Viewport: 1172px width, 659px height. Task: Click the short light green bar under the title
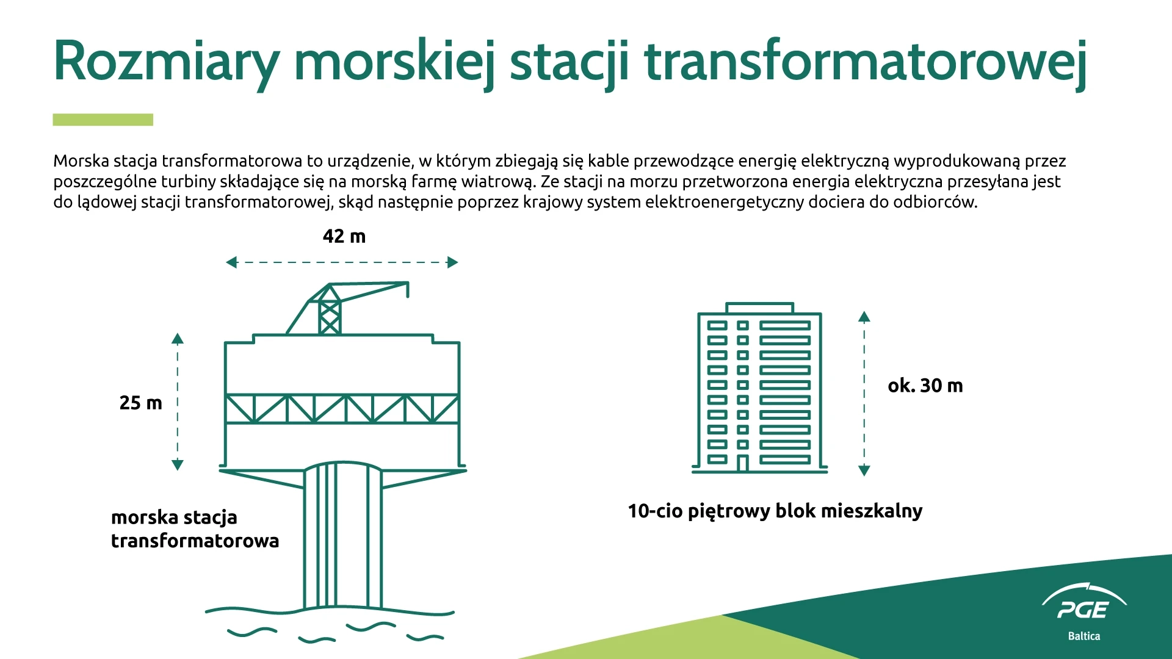point(103,120)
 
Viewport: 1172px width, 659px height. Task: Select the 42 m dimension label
point(344,236)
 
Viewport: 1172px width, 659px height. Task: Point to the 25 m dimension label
point(140,403)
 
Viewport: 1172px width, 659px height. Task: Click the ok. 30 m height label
point(925,386)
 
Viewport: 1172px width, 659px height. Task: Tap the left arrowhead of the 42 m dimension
point(231,262)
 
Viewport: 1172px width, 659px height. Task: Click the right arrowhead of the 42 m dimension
point(452,262)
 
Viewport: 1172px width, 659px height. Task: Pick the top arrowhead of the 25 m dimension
point(178,339)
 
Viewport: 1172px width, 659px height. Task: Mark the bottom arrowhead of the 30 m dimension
point(864,470)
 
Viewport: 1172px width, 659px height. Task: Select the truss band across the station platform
point(342,409)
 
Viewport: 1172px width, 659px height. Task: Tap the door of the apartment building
point(742,463)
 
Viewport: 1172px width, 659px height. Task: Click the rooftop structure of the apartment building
point(759,308)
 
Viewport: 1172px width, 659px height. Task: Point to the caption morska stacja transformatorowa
point(195,529)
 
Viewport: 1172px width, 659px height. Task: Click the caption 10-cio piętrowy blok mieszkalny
point(775,511)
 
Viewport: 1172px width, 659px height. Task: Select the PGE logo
point(1084,602)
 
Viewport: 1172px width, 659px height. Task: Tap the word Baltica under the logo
point(1084,636)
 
